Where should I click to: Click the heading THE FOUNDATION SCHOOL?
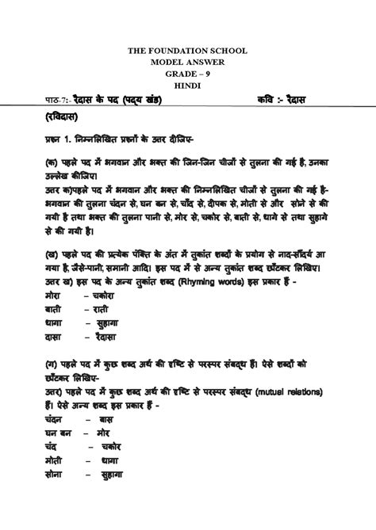pyautogui.click(x=188, y=51)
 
